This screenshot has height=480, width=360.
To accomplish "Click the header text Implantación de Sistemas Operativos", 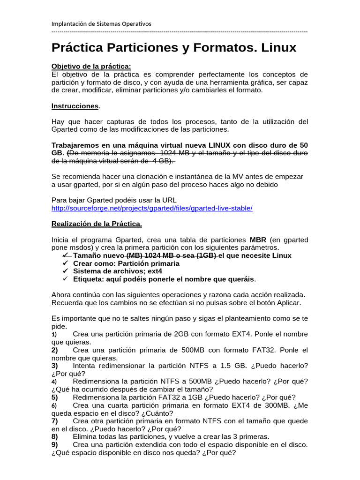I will point(101,23).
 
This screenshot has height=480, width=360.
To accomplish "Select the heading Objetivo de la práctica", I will point(91,66).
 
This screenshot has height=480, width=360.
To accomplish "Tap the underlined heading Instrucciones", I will point(75,106).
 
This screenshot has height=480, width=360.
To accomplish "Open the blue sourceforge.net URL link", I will point(152,208).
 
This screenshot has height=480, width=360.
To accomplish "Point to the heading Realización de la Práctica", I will point(96,224).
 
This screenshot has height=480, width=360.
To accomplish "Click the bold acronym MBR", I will point(258,240).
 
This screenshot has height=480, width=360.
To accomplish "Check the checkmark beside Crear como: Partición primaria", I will point(65,263).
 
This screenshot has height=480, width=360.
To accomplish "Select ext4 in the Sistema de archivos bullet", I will point(153,271).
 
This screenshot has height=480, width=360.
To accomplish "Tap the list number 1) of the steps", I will point(54,335).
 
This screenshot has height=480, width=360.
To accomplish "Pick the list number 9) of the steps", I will point(54,444).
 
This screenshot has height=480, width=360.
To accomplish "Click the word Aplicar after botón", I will point(289,302).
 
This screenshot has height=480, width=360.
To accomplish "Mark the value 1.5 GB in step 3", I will point(232,366).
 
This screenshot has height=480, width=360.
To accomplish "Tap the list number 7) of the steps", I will point(54,420).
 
